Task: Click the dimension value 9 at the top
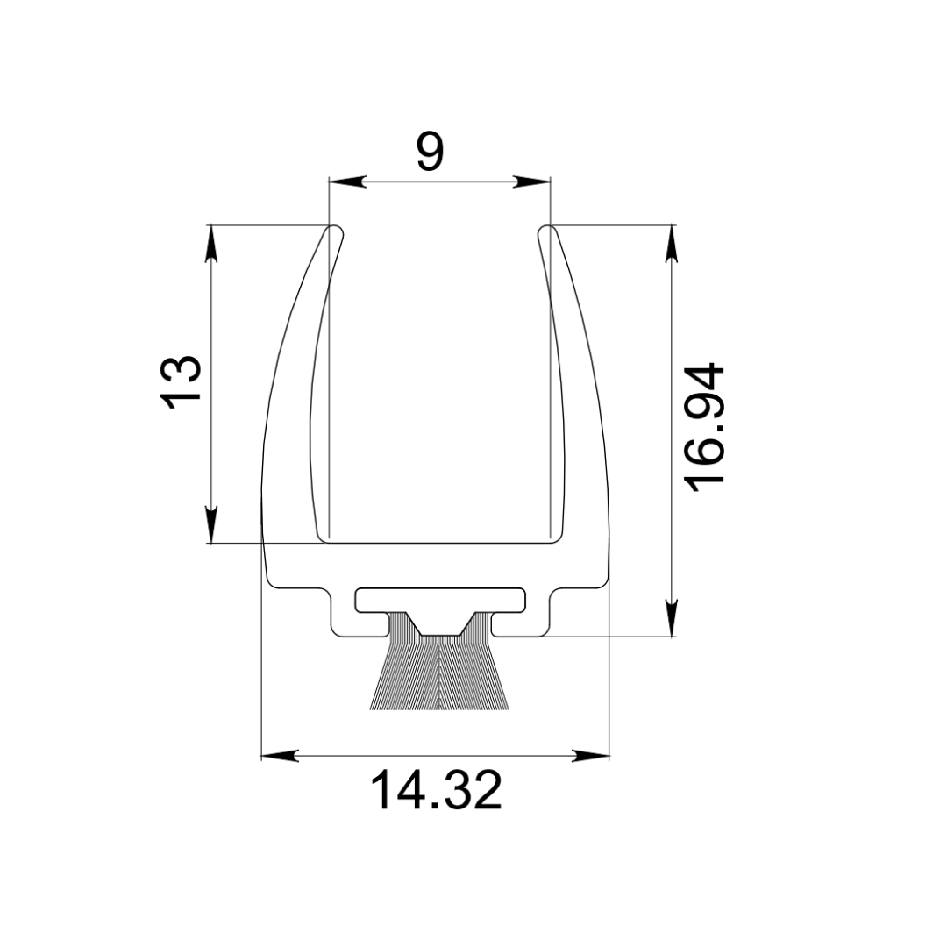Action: pyautogui.click(x=431, y=152)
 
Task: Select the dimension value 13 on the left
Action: pyautogui.click(x=180, y=383)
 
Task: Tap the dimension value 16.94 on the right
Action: pyautogui.click(x=703, y=427)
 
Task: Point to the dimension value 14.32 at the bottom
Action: pyautogui.click(x=436, y=789)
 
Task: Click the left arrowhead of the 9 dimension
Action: pyautogui.click(x=346, y=182)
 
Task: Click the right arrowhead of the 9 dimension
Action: pyautogui.click(x=532, y=182)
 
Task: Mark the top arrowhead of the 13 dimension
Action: pyautogui.click(x=210, y=244)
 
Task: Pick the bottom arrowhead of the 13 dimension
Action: pyautogui.click(x=210, y=524)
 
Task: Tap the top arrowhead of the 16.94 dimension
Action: pyautogui.click(x=672, y=244)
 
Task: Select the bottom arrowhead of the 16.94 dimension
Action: pyautogui.click(x=672, y=618)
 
